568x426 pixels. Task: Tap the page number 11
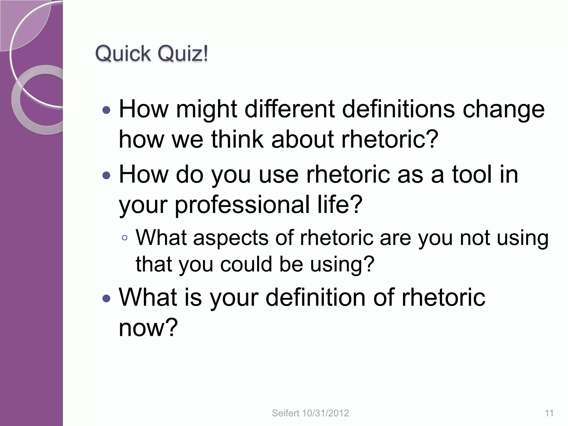point(549,413)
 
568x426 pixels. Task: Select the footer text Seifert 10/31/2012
point(310,413)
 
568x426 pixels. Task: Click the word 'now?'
point(148,328)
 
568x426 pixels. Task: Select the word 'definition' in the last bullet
point(315,298)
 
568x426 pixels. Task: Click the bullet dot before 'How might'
point(106,110)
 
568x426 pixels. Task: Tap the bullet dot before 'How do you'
point(106,175)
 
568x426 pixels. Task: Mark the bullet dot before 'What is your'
point(106,298)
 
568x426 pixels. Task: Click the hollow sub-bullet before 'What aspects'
point(125,238)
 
